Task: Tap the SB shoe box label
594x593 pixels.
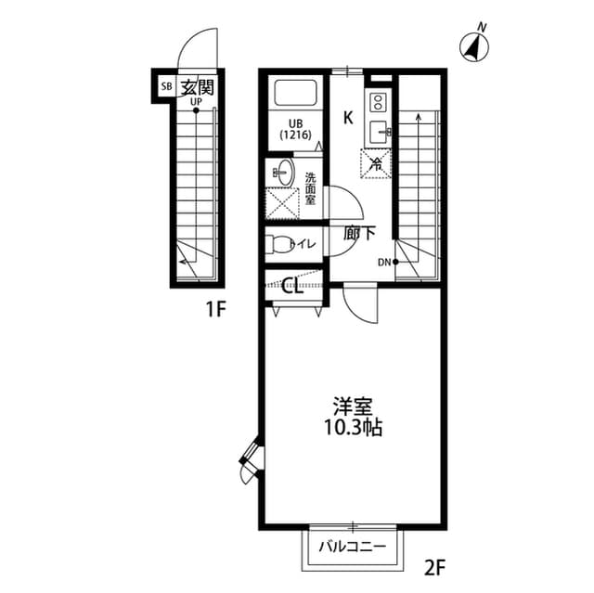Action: point(166,87)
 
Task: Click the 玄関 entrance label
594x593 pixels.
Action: point(197,87)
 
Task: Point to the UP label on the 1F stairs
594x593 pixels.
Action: point(197,101)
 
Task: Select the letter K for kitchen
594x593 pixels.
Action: point(349,118)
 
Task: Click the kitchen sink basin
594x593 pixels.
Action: point(379,131)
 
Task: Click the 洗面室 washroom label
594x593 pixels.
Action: point(310,187)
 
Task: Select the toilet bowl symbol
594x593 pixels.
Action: point(277,244)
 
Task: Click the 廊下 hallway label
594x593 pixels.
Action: point(360,233)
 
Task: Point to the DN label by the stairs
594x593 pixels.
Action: point(384,263)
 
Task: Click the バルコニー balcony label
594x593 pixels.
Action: point(353,545)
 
